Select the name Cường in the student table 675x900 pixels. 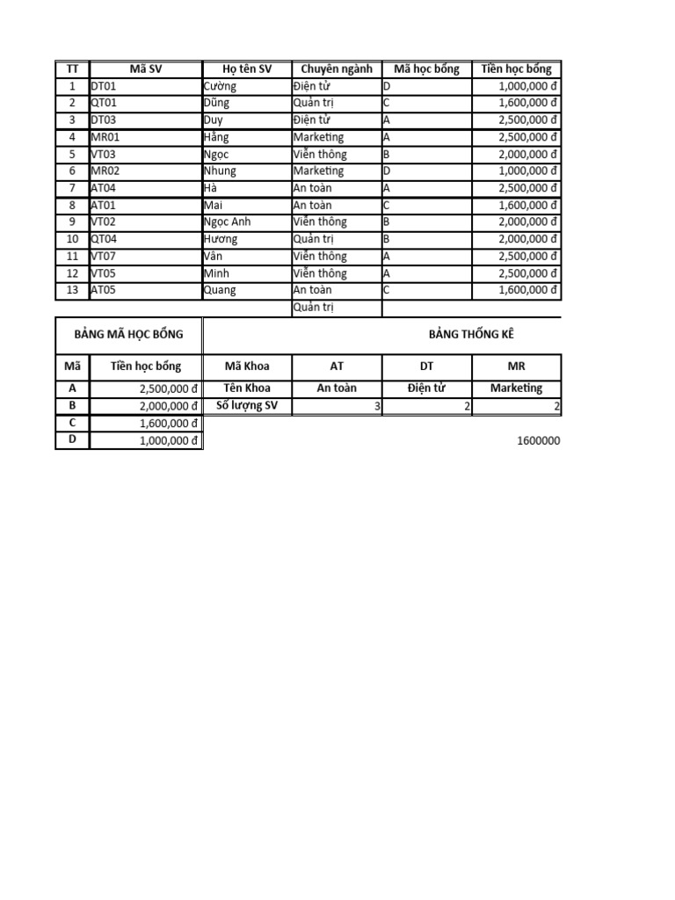(220, 86)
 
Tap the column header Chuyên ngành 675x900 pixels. (337, 69)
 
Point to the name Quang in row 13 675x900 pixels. (220, 290)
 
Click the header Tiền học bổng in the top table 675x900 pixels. (516, 69)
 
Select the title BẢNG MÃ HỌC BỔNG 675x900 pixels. (128, 334)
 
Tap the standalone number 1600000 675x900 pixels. (539, 440)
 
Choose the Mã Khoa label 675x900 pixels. (248, 367)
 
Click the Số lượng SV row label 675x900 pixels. (248, 405)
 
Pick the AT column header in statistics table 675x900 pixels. (337, 367)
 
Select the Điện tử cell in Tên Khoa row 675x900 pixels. (427, 388)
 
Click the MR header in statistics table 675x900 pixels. (516, 367)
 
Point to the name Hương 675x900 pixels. (221, 239)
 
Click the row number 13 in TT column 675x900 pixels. (72, 290)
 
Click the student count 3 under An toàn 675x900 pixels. (377, 405)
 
